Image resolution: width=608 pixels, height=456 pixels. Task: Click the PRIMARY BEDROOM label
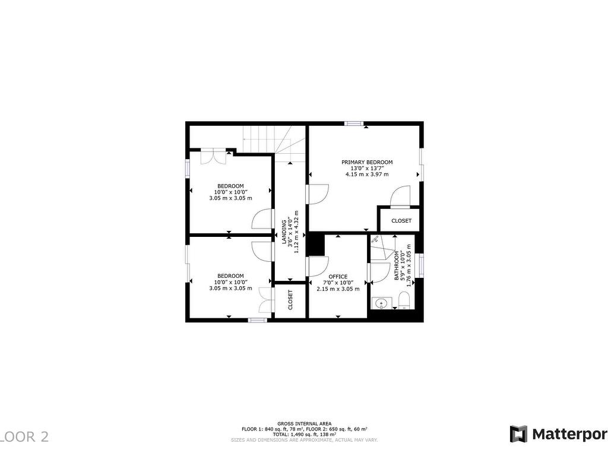point(366,162)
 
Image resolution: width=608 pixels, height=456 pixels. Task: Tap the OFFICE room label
point(338,277)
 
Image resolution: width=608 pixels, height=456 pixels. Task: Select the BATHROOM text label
point(397,265)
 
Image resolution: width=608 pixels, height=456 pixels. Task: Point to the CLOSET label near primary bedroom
point(401,221)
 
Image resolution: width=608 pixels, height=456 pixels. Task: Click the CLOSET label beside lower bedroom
point(290,300)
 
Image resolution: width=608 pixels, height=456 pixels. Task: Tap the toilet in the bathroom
point(404,303)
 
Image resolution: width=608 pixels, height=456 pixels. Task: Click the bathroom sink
point(381,303)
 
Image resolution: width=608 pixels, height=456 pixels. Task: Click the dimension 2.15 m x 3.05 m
point(338,289)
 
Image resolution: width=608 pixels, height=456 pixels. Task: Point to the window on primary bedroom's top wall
point(354,123)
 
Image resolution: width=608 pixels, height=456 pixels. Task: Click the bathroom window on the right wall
point(421,265)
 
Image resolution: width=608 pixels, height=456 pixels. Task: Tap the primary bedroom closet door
point(401,196)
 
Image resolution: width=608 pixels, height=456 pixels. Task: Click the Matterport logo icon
point(518,434)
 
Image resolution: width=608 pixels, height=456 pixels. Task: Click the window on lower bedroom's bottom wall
point(257,320)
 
